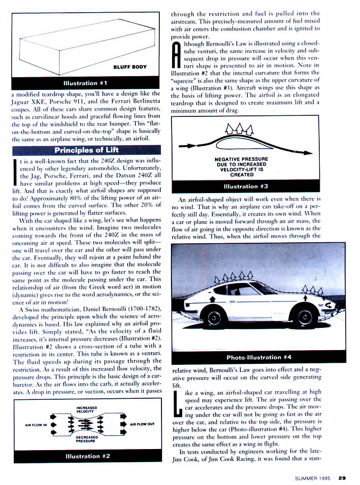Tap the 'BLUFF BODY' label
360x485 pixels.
(x=130, y=67)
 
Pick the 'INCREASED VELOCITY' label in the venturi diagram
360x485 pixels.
(x=87, y=409)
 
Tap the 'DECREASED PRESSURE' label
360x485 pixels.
(x=87, y=439)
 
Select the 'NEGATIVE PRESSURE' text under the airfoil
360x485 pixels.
(x=241, y=159)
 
